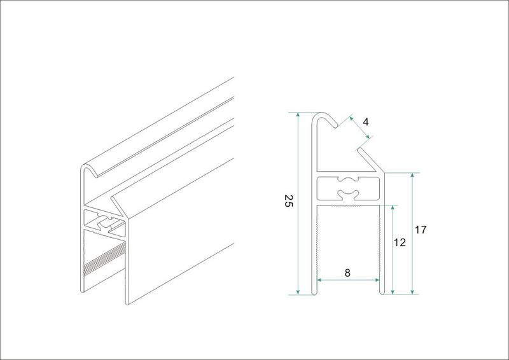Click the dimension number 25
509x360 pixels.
coord(288,202)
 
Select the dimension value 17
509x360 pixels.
coord(420,231)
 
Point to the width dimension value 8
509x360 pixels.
coord(347,273)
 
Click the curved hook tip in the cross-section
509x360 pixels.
coord(330,122)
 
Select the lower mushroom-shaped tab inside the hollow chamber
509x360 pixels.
coord(349,193)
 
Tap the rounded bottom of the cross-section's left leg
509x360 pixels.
coord(314,293)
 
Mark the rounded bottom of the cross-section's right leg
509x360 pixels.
coord(382,293)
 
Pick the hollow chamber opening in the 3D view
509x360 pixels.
coord(102,222)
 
